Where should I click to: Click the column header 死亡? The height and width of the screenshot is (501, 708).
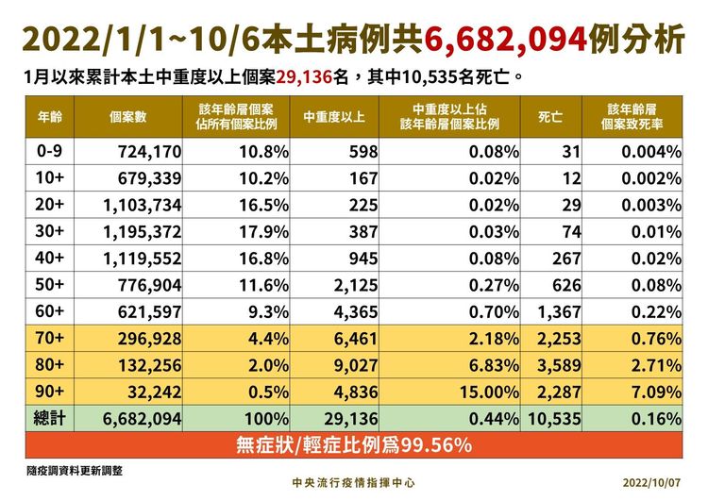click(x=550, y=118)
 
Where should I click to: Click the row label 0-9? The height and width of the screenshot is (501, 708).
click(x=48, y=151)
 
